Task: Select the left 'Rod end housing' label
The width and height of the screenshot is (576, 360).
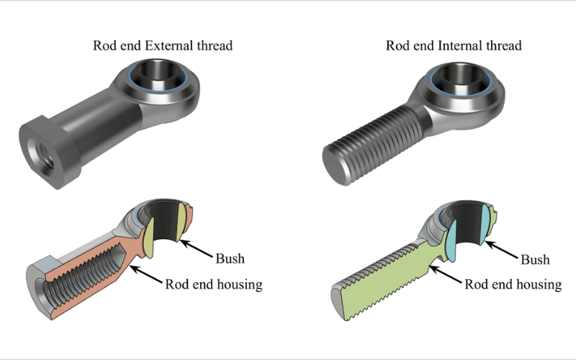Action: click(214, 284)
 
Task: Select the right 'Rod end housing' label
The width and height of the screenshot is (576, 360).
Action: click(513, 284)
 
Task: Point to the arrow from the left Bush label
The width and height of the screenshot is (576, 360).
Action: click(196, 249)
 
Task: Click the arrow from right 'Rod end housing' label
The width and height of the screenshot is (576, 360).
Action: click(446, 276)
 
